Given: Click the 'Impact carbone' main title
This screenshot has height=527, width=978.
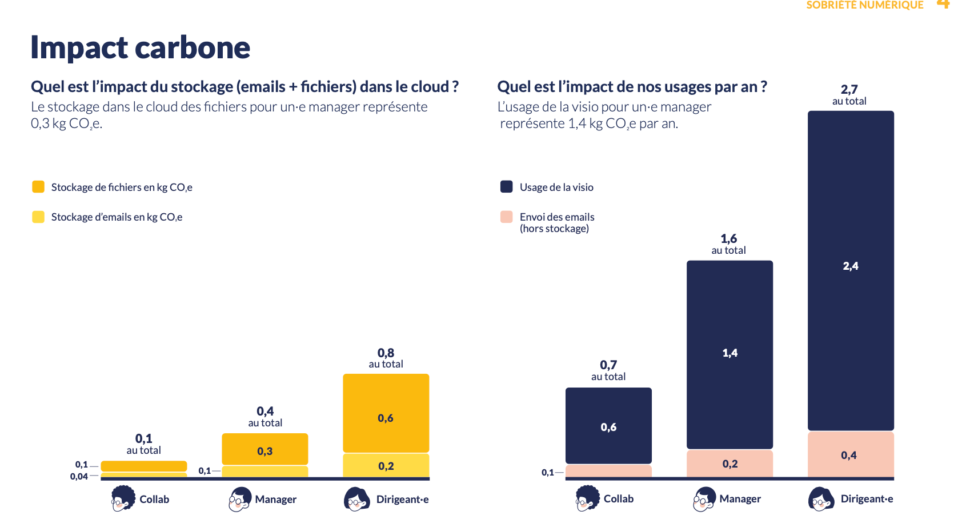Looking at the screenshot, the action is click(x=140, y=47).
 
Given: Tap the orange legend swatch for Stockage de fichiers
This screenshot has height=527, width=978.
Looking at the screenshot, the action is click(x=38, y=186).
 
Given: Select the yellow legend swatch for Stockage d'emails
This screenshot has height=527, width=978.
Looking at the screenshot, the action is click(x=38, y=217).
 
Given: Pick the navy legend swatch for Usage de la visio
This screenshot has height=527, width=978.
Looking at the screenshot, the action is click(x=507, y=186).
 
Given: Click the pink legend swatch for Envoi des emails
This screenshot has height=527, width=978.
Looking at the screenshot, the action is click(x=507, y=217).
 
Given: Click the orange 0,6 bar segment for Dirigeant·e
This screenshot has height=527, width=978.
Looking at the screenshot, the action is click(x=386, y=413).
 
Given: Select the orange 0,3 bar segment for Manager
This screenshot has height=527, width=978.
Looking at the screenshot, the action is click(x=265, y=449).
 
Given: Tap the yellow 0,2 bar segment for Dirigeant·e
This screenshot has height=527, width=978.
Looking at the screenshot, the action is click(x=386, y=466).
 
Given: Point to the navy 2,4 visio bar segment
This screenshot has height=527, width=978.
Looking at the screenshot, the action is click(x=851, y=270).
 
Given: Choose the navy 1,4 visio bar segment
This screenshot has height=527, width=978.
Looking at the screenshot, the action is click(x=730, y=355).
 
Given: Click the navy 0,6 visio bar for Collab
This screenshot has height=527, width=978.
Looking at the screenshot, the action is click(x=608, y=426).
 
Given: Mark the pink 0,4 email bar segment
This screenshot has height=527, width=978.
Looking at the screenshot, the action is click(x=851, y=454).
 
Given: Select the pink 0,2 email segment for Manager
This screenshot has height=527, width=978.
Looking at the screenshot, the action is click(x=730, y=464).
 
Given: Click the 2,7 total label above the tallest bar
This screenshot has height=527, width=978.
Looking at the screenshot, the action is click(x=849, y=95).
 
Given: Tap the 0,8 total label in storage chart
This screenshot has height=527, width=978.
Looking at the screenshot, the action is click(x=386, y=358).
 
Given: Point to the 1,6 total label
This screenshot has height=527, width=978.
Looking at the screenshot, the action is click(x=729, y=244).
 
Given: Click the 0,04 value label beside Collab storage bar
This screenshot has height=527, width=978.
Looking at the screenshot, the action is click(x=79, y=476).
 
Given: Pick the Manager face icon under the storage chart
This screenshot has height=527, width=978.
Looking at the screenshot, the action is click(x=240, y=499).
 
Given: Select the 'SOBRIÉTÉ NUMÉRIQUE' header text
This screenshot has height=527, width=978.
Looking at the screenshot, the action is click(x=865, y=5).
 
